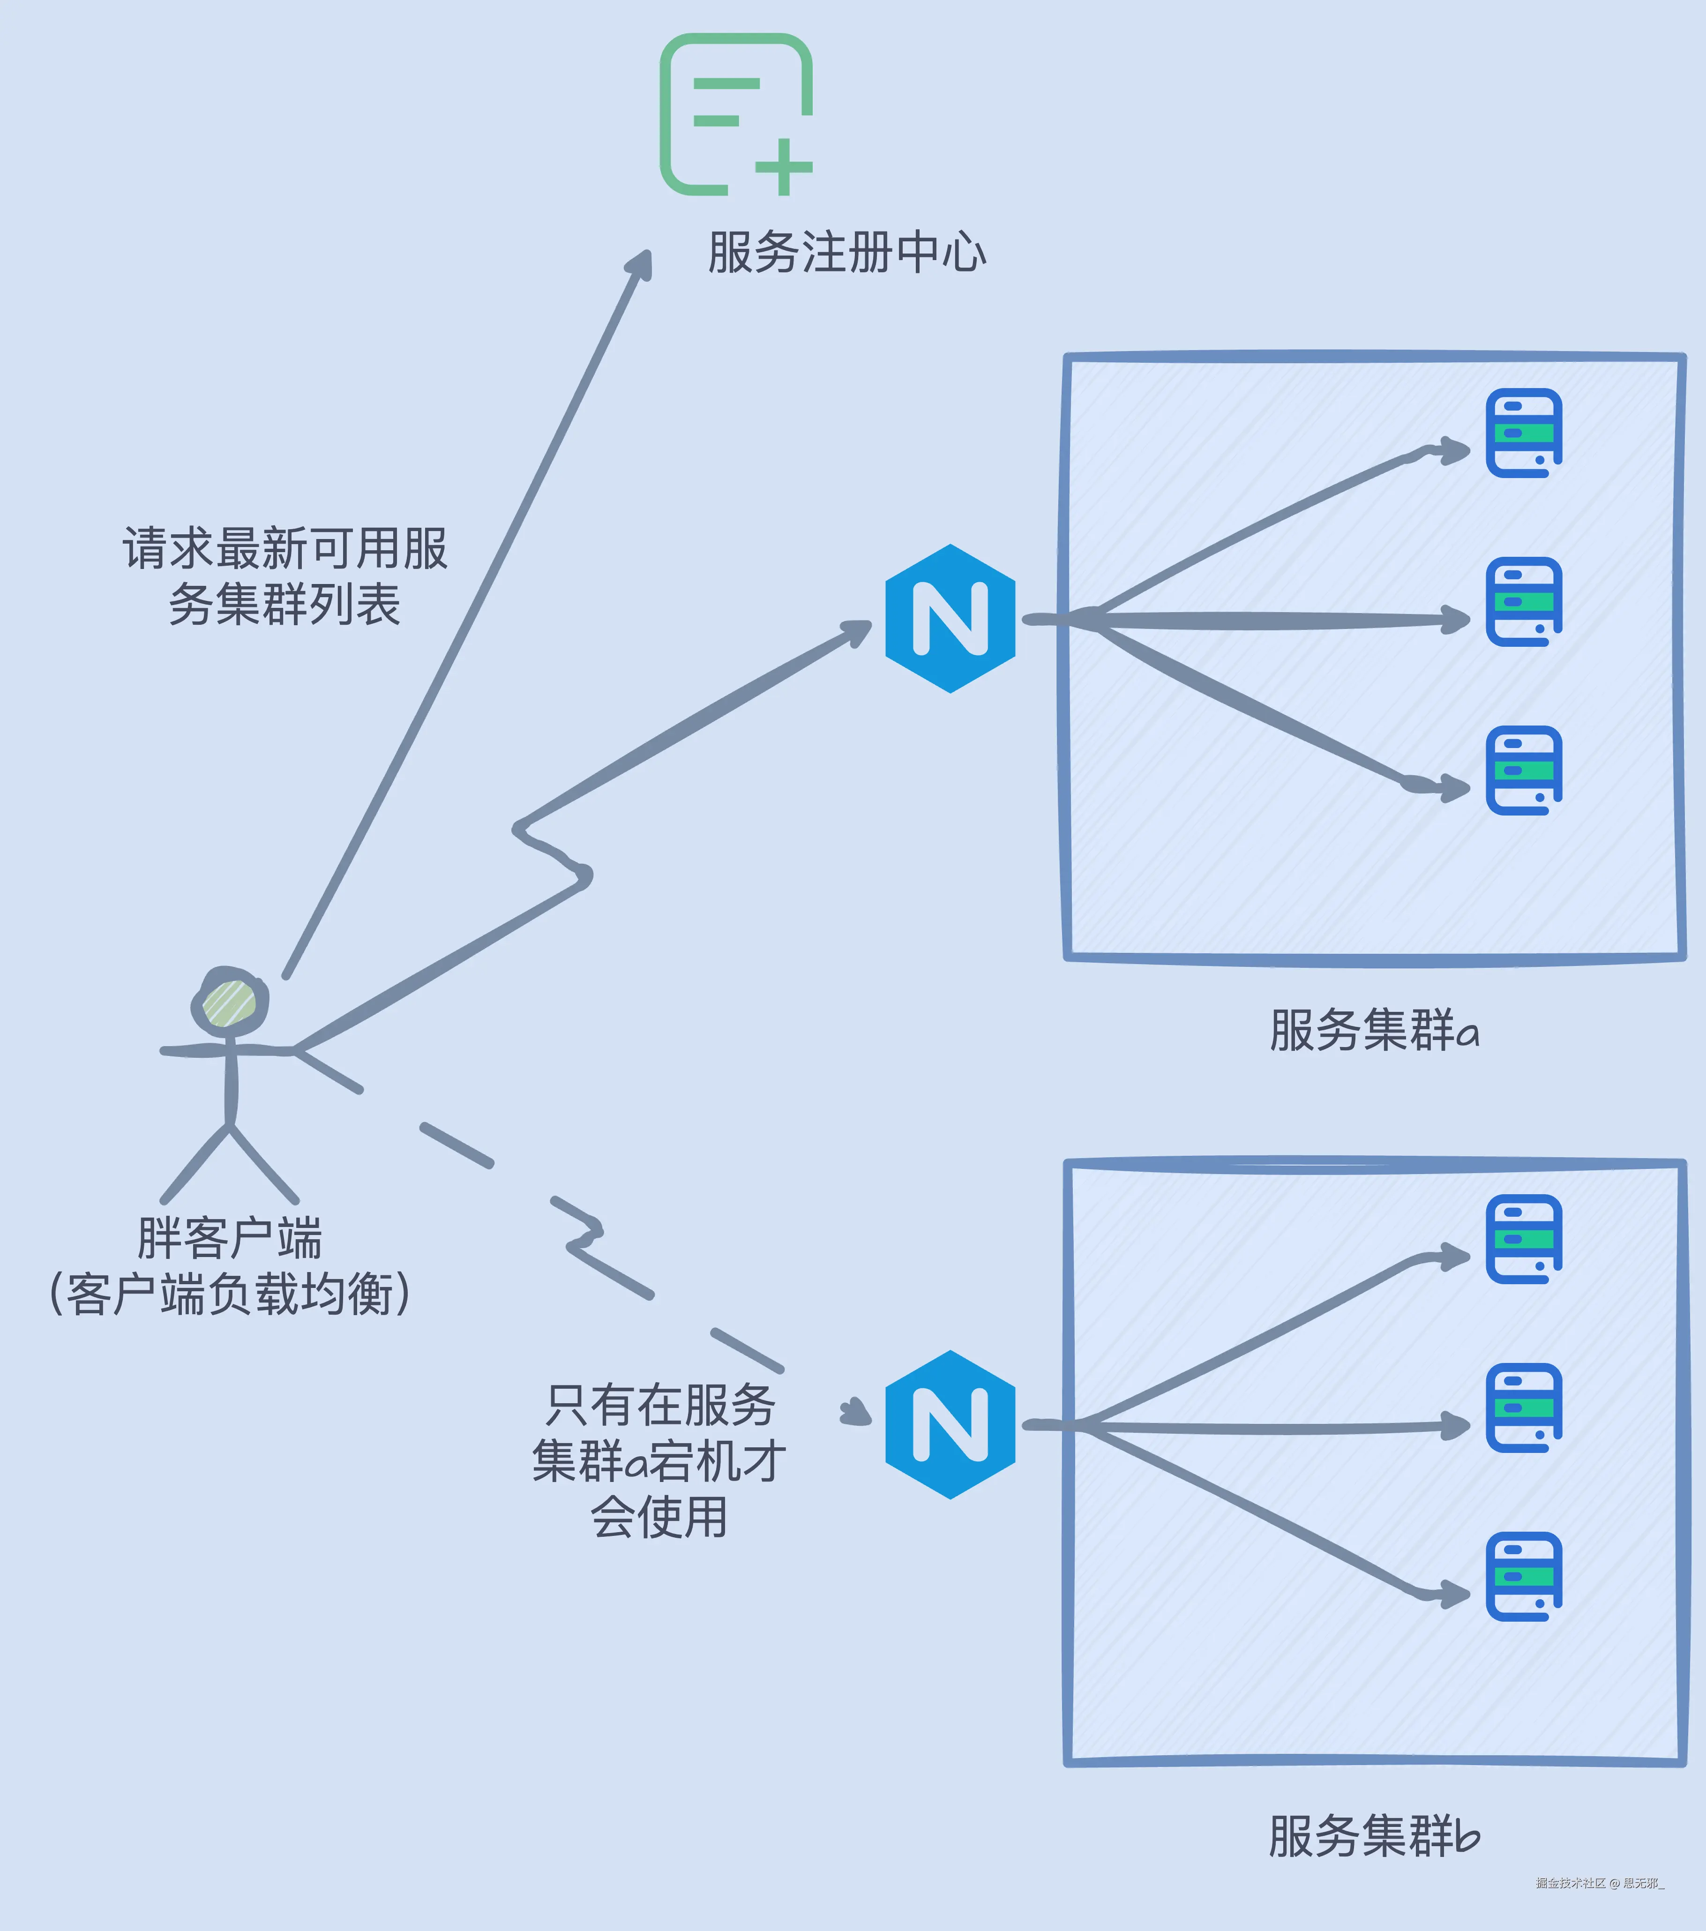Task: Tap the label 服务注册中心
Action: pos(846,253)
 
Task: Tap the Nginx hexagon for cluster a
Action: pos(950,619)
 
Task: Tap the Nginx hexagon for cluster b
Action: pos(950,1425)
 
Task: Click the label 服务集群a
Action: pos(1374,1030)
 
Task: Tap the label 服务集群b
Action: pos(1374,1835)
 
